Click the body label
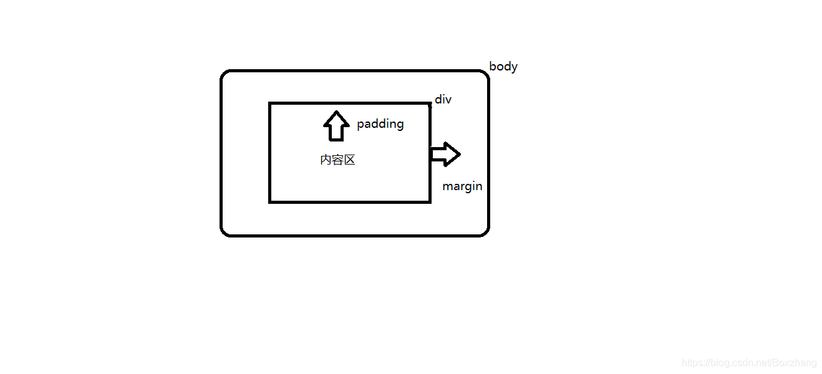(503, 66)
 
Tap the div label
(443, 99)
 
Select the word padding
(380, 124)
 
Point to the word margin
(462, 186)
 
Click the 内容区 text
(337, 160)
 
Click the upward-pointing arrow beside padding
(336, 126)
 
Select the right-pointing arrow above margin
(445, 154)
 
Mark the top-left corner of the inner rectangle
(270, 103)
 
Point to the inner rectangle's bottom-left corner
(270, 201)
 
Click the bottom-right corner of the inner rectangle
(430, 201)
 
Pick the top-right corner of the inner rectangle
(430, 103)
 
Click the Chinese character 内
(326, 160)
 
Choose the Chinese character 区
(349, 160)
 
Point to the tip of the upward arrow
(336, 112)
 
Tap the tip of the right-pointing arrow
(460, 154)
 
